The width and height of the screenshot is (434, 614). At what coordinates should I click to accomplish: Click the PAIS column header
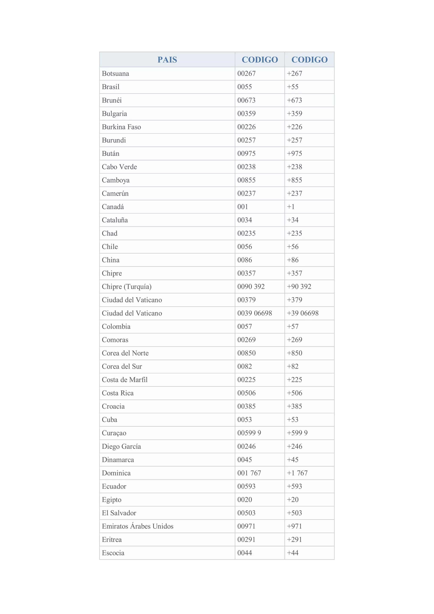(167, 60)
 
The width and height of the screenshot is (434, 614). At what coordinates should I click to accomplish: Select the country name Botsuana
(115, 74)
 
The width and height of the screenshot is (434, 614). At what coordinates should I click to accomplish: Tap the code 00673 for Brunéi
(246, 100)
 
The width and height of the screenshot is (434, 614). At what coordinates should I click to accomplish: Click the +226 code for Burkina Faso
(294, 127)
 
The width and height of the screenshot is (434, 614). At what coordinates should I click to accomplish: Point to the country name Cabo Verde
(119, 167)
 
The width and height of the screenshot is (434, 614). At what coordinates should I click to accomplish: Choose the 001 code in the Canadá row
(243, 207)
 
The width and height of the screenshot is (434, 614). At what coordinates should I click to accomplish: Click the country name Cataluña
(115, 220)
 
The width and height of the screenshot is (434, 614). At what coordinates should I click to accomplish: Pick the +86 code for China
(292, 260)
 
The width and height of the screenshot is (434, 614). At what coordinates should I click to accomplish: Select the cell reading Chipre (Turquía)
(127, 287)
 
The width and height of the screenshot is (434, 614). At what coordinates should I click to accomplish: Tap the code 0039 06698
(255, 313)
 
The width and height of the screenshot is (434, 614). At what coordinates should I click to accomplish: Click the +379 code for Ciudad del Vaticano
(294, 300)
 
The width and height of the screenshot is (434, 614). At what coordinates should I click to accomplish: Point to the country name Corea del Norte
(125, 353)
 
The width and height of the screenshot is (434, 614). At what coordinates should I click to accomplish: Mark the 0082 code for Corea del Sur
(244, 366)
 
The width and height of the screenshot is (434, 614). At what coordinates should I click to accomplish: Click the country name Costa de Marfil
(125, 380)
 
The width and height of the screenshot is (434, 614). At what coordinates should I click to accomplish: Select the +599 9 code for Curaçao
(297, 433)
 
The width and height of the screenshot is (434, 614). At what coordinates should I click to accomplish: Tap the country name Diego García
(121, 446)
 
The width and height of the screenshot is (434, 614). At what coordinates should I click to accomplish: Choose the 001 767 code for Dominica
(249, 473)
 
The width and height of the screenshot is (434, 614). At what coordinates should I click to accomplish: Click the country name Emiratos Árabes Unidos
(138, 526)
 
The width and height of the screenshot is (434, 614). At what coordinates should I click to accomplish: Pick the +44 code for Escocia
(292, 553)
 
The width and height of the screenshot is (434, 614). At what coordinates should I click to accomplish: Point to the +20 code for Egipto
(292, 500)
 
